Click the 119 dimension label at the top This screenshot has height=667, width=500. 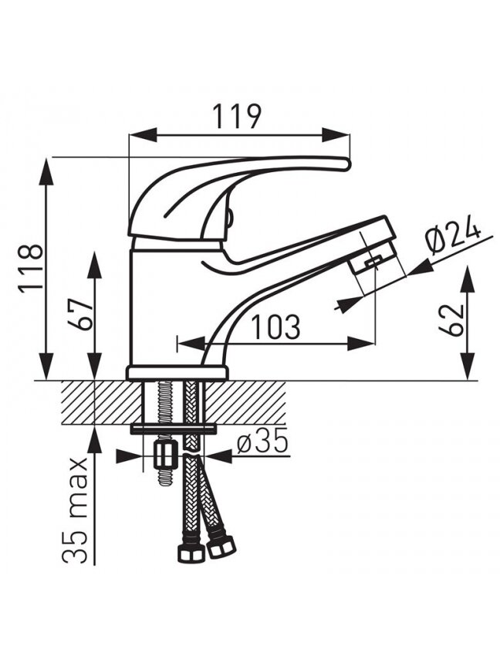[x=236, y=116]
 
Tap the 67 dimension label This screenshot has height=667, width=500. [x=80, y=313]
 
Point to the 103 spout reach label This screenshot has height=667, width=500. [x=276, y=327]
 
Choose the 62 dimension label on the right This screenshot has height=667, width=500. [x=451, y=320]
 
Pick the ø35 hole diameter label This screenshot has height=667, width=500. [x=263, y=442]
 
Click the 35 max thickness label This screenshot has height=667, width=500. [x=75, y=511]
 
